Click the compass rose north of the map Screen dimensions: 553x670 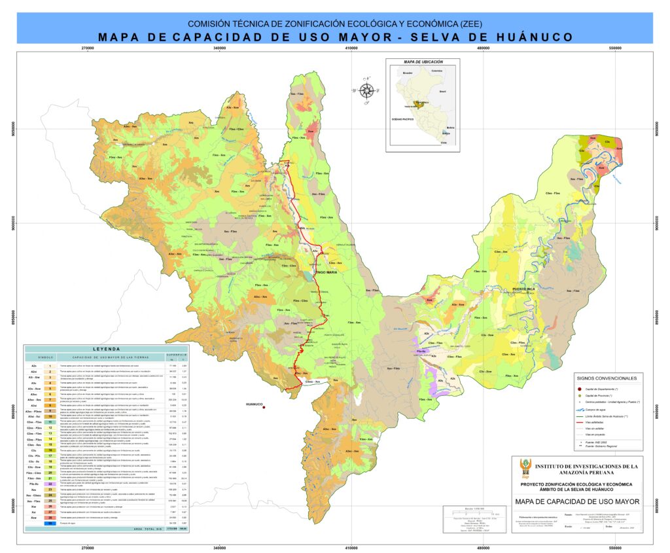tap(367, 91)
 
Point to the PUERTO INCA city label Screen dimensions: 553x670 tap(524, 288)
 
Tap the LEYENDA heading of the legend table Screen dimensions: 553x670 tap(106, 349)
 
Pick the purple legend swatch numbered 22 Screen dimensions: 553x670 tap(50, 484)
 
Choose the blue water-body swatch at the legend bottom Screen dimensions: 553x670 tap(50, 524)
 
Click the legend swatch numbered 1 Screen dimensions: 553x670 tap(50, 366)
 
